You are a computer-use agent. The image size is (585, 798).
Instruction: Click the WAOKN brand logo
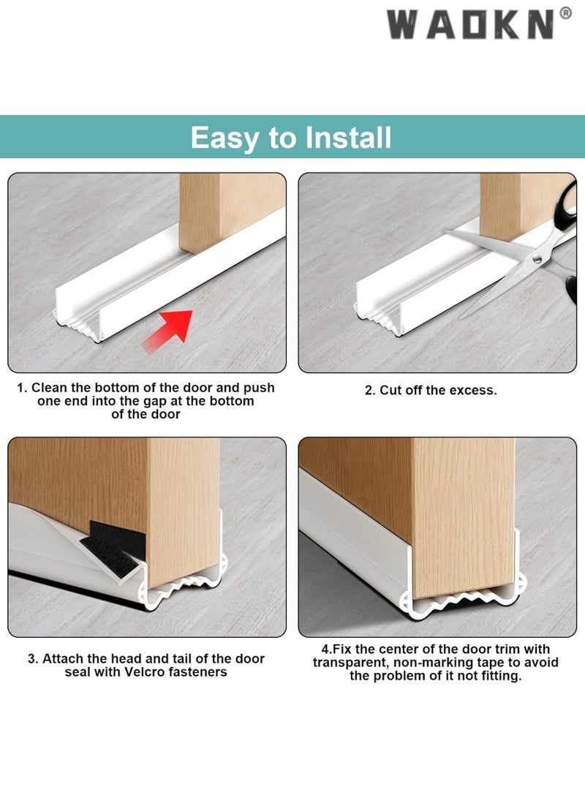(478, 24)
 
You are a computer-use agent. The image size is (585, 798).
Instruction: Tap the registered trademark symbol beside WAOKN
(565, 13)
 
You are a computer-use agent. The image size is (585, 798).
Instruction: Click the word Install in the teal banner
(349, 138)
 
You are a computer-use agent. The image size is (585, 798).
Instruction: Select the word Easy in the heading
(224, 138)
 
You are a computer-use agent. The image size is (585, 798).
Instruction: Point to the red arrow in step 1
(168, 331)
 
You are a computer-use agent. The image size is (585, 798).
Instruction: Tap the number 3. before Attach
(33, 659)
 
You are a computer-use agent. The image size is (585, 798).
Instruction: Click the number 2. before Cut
(370, 391)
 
